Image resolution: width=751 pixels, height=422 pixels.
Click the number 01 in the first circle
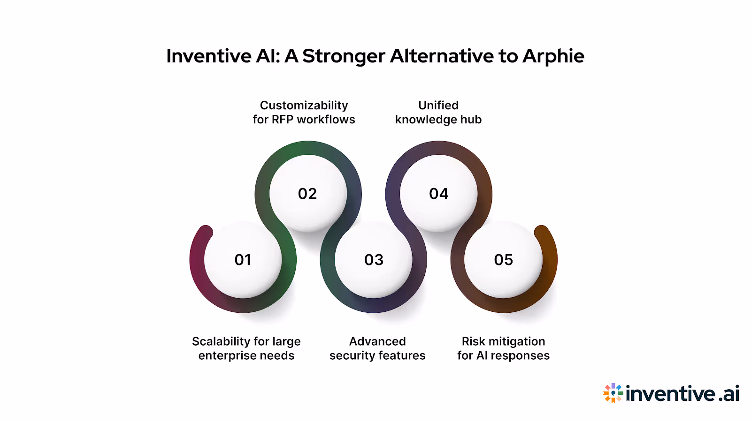(243, 260)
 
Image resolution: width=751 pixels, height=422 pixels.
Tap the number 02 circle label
(307, 194)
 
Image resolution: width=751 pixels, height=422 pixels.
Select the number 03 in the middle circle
(374, 260)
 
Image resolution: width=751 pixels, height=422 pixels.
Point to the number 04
(439, 194)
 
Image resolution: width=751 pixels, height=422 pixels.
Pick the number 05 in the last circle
(504, 260)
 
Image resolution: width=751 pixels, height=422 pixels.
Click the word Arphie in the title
(553, 56)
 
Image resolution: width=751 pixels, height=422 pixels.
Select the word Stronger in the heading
(344, 56)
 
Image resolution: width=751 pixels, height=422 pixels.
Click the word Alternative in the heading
(442, 56)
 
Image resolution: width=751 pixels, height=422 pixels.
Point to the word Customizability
(304, 105)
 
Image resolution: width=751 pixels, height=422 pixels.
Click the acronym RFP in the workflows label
(282, 120)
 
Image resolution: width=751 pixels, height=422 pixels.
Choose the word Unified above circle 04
(438, 105)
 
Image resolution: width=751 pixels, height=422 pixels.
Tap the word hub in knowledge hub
(471, 120)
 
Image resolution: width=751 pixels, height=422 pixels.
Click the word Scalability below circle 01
(221, 342)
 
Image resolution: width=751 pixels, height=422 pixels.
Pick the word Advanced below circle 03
(377, 341)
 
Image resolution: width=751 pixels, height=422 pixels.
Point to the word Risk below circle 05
(474, 341)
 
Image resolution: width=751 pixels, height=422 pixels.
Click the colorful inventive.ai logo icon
(613, 393)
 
